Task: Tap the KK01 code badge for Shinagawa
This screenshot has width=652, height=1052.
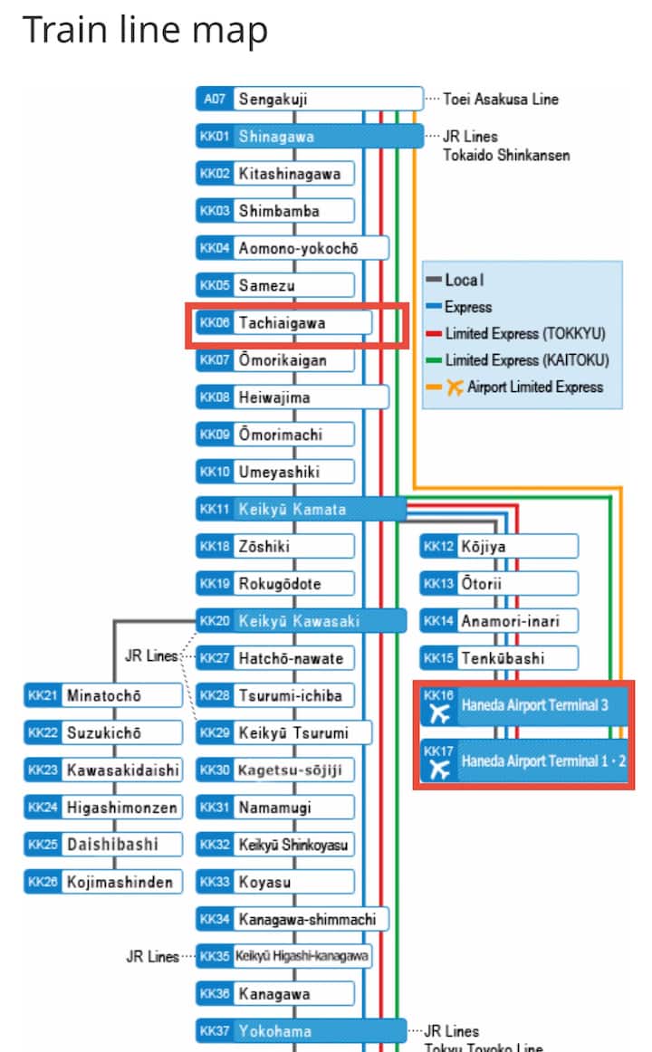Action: coord(215,137)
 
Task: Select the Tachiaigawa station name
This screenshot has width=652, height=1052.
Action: coord(282,323)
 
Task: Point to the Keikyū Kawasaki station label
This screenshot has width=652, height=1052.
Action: coord(299,621)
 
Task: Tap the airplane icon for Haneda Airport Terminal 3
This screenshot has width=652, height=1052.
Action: coord(440,712)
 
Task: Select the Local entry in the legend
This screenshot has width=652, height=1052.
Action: coord(464,281)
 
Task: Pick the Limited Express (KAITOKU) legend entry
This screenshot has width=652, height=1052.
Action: coord(525,360)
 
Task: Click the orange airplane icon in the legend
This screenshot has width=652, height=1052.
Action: coord(455,387)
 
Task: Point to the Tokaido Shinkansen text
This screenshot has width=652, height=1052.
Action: coord(506,156)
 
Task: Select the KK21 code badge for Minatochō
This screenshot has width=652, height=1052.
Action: coord(43,695)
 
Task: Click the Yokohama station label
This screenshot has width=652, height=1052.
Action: coord(275,1030)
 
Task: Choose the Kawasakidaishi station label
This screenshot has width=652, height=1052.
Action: coord(122,770)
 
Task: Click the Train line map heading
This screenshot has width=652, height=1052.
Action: coord(145,30)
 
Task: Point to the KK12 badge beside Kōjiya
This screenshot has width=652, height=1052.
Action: coord(439,546)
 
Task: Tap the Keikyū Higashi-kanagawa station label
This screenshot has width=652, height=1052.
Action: coord(302,956)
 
